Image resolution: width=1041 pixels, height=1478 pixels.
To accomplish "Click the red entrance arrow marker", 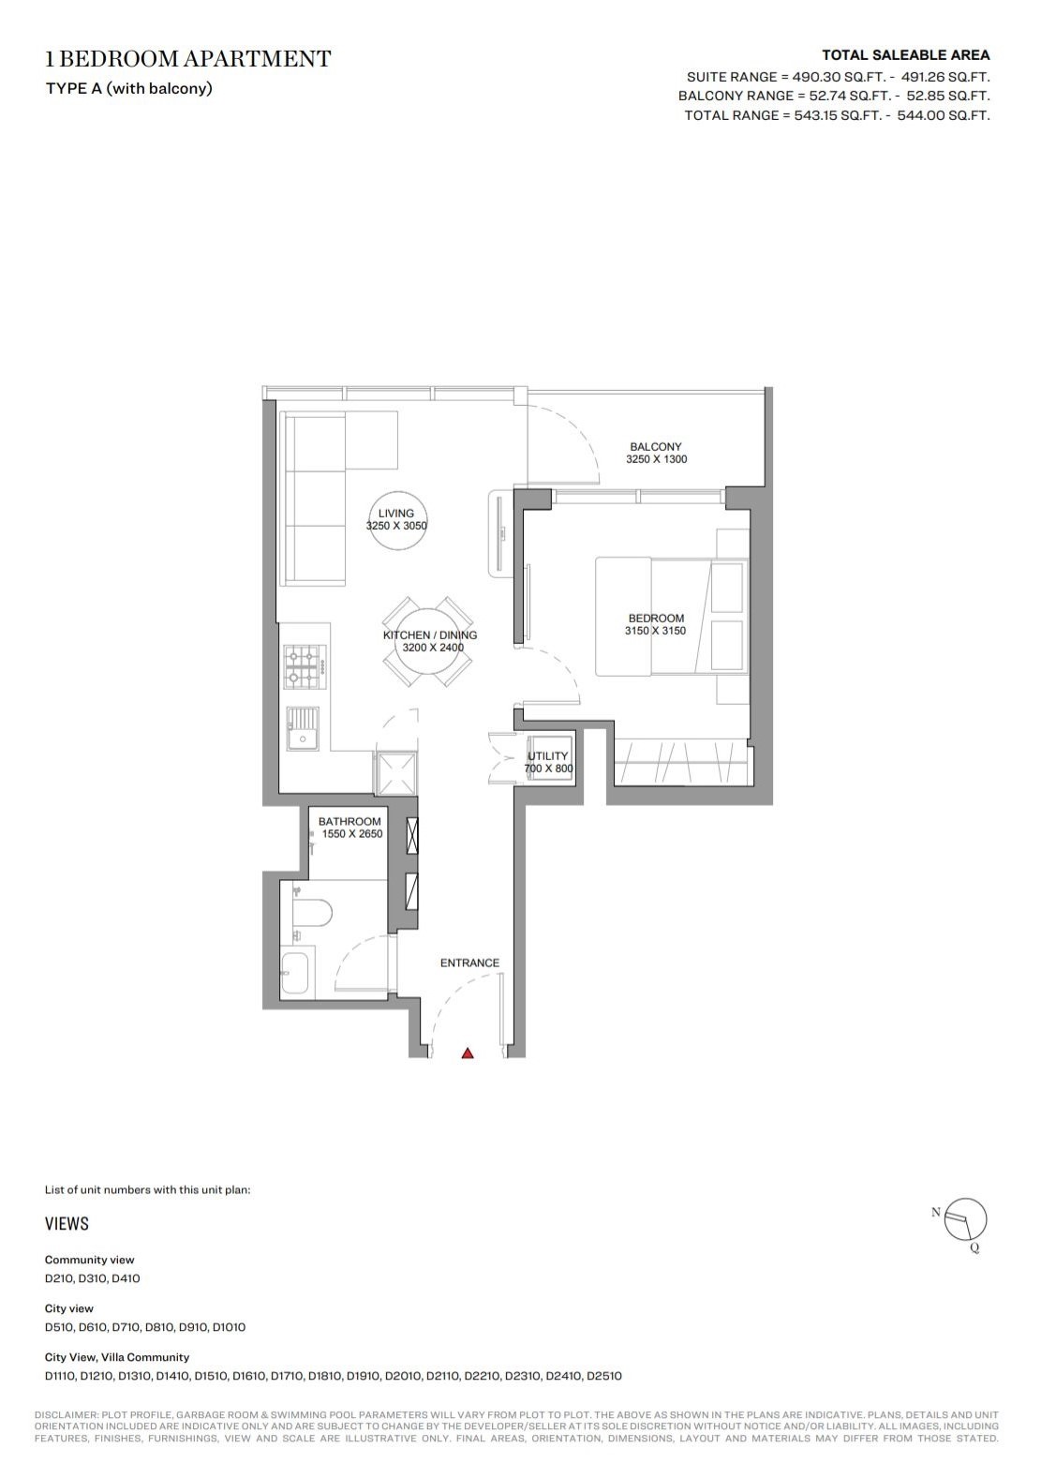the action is tap(468, 1053).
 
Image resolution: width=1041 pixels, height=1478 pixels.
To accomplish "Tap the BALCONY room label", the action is tap(656, 447).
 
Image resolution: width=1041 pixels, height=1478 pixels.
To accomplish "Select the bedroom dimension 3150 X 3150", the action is tap(656, 631).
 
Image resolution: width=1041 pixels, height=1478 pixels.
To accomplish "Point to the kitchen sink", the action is tap(303, 729).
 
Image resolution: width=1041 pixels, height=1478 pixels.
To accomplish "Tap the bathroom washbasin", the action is tap(294, 974).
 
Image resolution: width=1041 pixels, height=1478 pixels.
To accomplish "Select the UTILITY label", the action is tap(547, 756).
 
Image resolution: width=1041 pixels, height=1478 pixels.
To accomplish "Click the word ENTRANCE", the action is tap(469, 963).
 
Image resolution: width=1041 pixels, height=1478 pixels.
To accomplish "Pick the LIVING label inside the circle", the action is tap(396, 514).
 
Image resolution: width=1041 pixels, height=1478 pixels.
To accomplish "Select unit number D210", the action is tap(58, 1278).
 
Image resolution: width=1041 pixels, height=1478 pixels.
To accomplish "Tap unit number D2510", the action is tap(604, 1376).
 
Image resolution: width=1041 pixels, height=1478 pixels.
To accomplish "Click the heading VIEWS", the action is tap(67, 1224).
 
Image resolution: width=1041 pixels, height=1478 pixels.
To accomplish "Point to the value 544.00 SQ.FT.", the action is tap(944, 115).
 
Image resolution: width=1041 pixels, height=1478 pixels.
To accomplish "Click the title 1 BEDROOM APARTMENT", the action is tap(188, 59).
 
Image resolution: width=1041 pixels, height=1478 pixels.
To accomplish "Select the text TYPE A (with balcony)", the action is tap(129, 88).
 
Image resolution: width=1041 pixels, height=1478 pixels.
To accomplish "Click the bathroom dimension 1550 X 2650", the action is tap(352, 834).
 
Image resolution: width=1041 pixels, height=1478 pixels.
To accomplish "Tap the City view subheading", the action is tap(69, 1308).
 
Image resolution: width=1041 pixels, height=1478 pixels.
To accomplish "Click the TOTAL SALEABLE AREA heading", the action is tap(906, 55).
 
